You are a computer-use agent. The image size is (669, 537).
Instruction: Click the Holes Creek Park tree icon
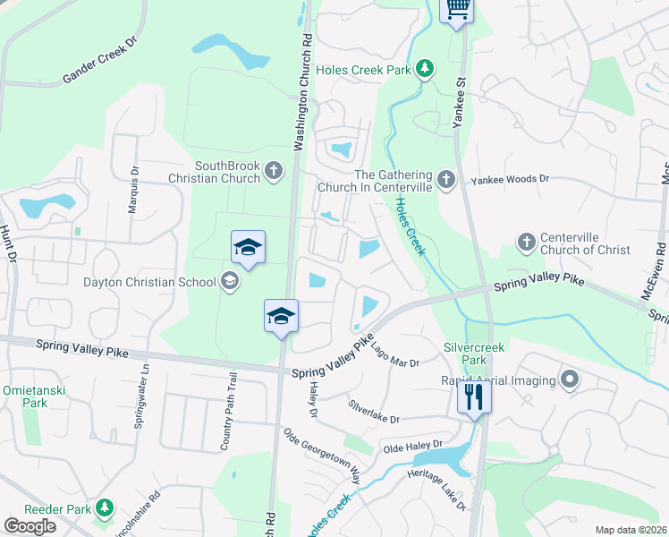[428, 68]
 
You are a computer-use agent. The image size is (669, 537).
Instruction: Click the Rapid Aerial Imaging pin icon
[569, 379]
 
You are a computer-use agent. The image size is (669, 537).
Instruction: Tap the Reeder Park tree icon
[105, 508]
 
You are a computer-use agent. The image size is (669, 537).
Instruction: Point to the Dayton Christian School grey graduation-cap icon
[230, 282]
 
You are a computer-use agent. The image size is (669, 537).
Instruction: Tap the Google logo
[30, 525]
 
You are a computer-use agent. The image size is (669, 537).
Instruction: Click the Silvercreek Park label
[465, 353]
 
